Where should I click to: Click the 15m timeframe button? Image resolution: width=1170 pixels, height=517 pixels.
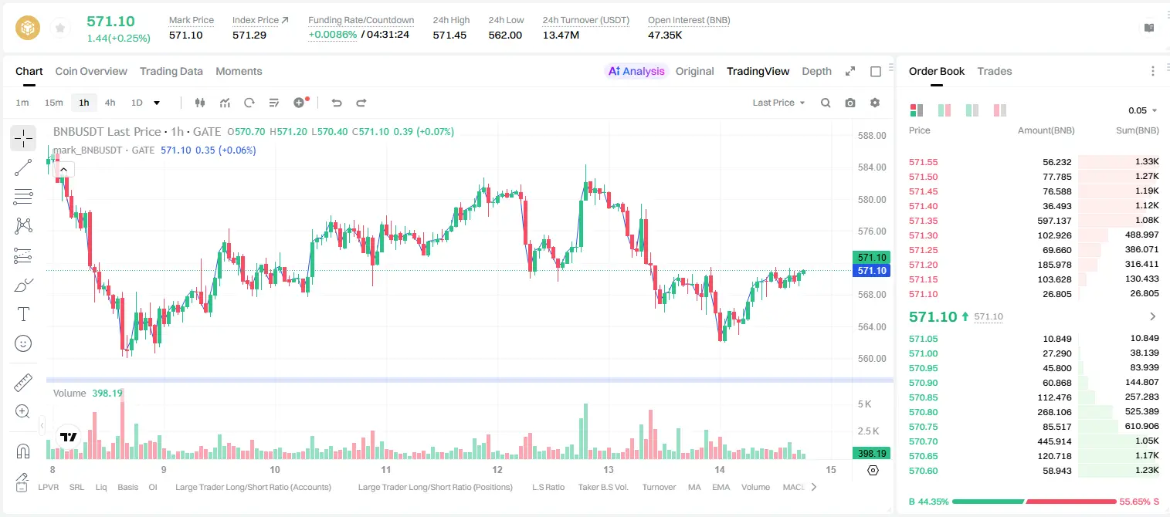[54, 103]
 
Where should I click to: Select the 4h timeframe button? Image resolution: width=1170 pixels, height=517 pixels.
[110, 103]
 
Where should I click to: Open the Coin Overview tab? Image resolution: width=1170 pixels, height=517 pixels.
[91, 71]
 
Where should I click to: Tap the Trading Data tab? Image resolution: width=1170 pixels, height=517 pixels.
[171, 71]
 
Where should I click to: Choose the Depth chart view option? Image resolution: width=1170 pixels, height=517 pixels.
[816, 71]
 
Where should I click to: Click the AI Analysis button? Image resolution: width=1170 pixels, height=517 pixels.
[636, 71]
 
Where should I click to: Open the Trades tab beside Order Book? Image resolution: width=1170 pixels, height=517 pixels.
[995, 71]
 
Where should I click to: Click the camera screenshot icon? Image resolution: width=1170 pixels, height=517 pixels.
[850, 103]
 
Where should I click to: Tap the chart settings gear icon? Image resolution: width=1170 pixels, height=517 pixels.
[875, 103]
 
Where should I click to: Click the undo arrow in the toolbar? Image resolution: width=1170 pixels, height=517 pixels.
[337, 103]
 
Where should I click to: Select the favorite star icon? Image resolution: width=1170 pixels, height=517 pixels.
[60, 28]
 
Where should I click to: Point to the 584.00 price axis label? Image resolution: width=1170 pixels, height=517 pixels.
[872, 167]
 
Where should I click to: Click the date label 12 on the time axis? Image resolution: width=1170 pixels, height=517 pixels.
[497, 469]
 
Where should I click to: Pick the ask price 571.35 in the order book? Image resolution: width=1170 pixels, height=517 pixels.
[923, 221]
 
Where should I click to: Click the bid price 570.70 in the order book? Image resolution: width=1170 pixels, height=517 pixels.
[923, 441]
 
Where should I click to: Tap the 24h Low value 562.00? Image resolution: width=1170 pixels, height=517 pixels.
[505, 35]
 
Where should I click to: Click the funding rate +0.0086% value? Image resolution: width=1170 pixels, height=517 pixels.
[333, 35]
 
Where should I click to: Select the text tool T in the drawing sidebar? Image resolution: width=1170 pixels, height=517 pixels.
[23, 314]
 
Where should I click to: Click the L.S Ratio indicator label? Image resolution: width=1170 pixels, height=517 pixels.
[548, 487]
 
